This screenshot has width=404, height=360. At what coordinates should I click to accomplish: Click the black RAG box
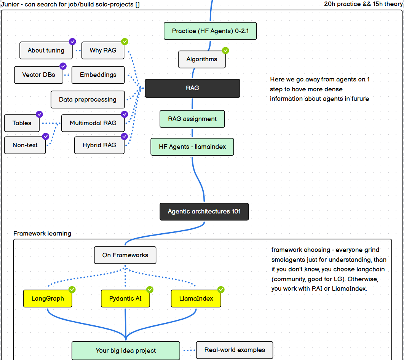pyautogui.click(x=192, y=88)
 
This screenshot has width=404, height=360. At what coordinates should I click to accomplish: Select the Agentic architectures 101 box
pyautogui.click(x=204, y=211)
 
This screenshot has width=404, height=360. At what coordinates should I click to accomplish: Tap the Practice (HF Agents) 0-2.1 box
pyautogui.click(x=210, y=31)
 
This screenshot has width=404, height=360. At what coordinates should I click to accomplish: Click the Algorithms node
pyautogui.click(x=202, y=59)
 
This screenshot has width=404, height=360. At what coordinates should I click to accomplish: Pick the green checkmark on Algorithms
pyautogui.click(x=225, y=50)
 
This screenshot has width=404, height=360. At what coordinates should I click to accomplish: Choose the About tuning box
pyautogui.click(x=46, y=50)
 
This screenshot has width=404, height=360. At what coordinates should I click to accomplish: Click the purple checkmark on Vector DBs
pyautogui.click(x=63, y=66)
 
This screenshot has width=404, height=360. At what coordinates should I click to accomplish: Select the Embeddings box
pyautogui.click(x=98, y=75)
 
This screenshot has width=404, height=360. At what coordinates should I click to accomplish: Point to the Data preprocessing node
pyautogui.click(x=88, y=99)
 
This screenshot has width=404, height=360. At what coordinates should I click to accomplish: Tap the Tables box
pyautogui.click(x=22, y=123)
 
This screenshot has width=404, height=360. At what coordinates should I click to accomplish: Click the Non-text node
pyautogui.click(x=25, y=145)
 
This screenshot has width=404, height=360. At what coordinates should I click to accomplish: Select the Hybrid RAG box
pyautogui.click(x=99, y=145)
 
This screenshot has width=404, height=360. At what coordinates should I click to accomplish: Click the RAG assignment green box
pyautogui.click(x=192, y=119)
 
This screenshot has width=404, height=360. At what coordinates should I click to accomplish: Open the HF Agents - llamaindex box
pyautogui.click(x=192, y=147)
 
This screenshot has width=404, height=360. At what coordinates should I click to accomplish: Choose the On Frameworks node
pyautogui.click(x=125, y=255)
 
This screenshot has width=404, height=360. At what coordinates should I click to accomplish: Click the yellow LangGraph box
pyautogui.click(x=48, y=298)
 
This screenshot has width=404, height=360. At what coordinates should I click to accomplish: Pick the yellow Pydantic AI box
pyautogui.click(x=125, y=298)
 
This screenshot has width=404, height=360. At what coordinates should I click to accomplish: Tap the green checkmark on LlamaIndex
pyautogui.click(x=221, y=290)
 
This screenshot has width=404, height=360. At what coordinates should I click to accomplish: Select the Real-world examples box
pyautogui.click(x=235, y=350)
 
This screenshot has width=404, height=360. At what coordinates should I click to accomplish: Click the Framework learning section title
pyautogui.click(x=42, y=233)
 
